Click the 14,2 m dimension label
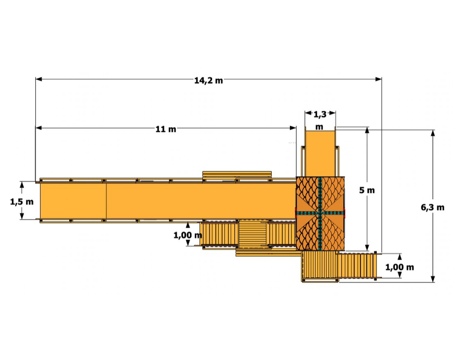pyautogui.click(x=208, y=80)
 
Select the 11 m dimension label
pyautogui.click(x=166, y=129)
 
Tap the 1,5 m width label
pyautogui.click(x=22, y=202)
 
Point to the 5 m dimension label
pyautogui.click(x=367, y=190)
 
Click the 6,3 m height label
pyautogui.click(x=432, y=207)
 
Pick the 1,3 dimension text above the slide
pyautogui.click(x=320, y=115)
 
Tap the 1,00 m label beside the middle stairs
pyautogui.click(x=187, y=235)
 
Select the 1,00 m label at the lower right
pyautogui.click(x=399, y=267)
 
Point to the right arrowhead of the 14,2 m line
pyautogui.click(x=378, y=79)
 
